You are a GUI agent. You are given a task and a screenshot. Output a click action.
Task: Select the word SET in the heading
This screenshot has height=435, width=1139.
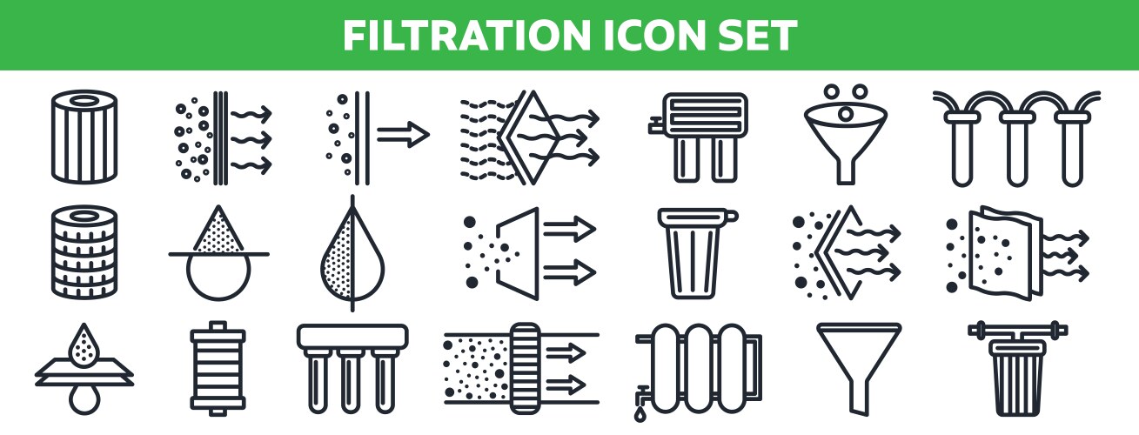tap(753, 35)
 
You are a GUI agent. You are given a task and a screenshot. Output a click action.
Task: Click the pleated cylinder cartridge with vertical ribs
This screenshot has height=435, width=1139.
tap(84, 137)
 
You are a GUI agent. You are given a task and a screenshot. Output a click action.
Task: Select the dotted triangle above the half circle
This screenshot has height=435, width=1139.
tap(218, 233)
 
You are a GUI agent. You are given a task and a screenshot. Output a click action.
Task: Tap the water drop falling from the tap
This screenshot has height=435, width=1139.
tap(640, 415)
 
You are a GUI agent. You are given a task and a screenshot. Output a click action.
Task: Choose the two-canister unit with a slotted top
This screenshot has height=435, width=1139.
tap(698, 137)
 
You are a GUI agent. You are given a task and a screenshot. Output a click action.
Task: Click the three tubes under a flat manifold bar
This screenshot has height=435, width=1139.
tap(352, 367)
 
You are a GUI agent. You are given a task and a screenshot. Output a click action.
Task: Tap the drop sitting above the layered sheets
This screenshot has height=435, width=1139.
tap(84, 346)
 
